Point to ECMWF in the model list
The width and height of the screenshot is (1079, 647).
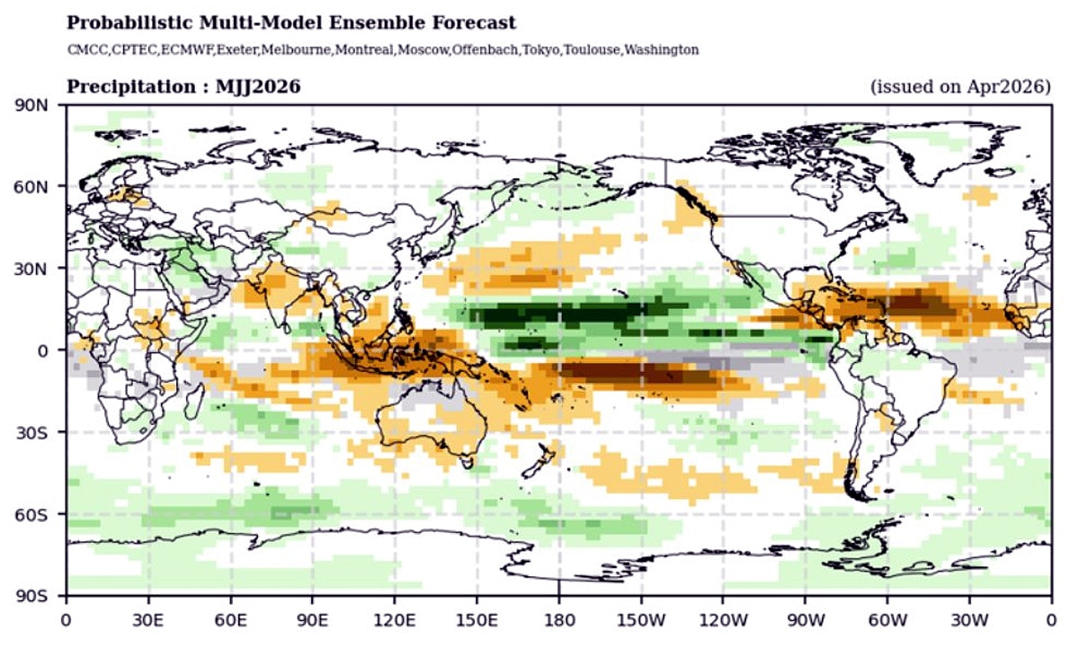point(189,49)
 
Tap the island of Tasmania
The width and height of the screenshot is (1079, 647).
point(466,462)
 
